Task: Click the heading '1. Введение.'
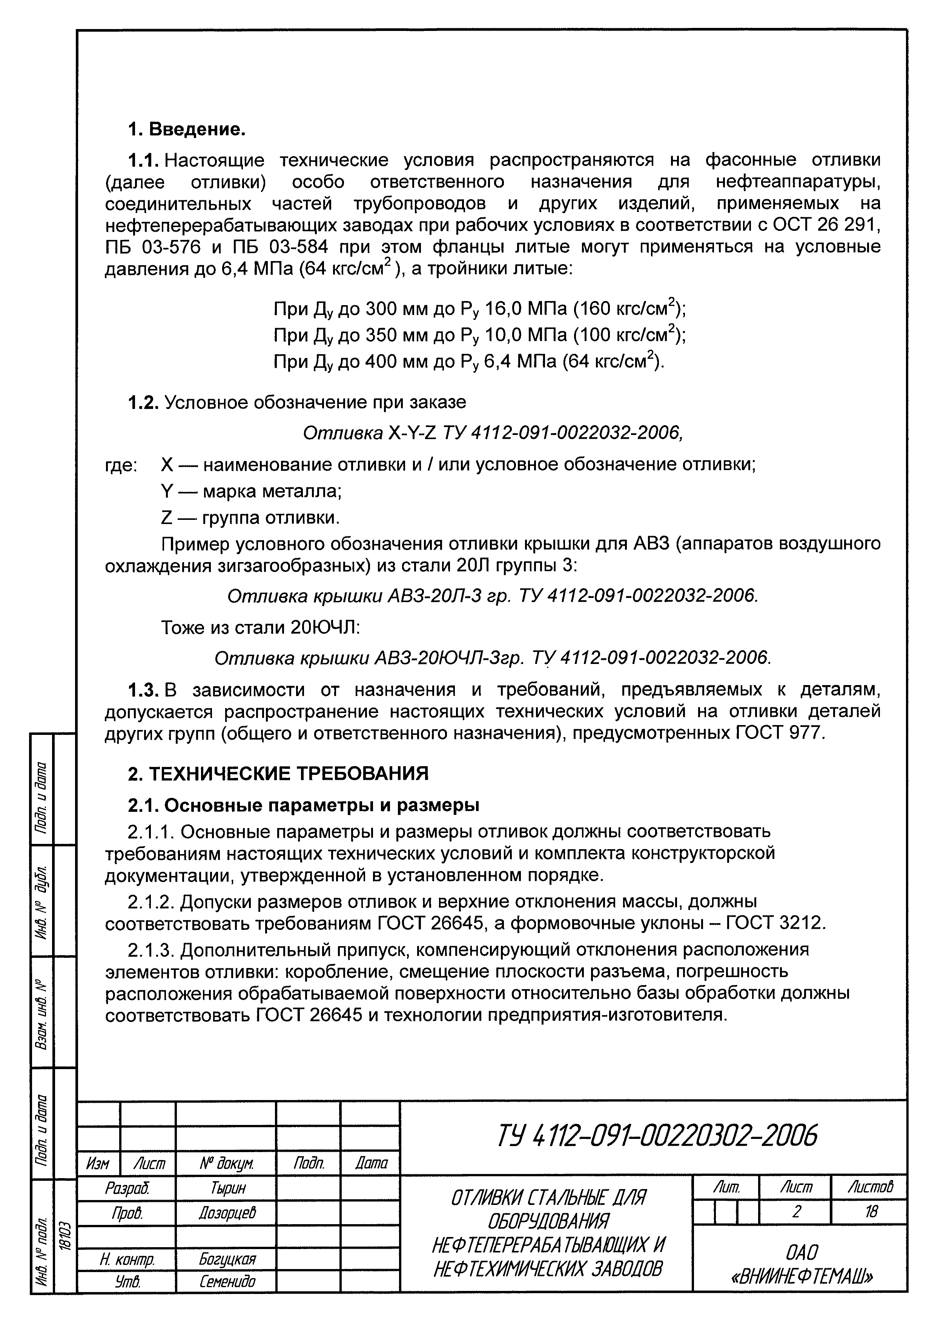click(x=186, y=129)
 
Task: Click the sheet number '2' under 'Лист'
click(x=795, y=1212)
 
